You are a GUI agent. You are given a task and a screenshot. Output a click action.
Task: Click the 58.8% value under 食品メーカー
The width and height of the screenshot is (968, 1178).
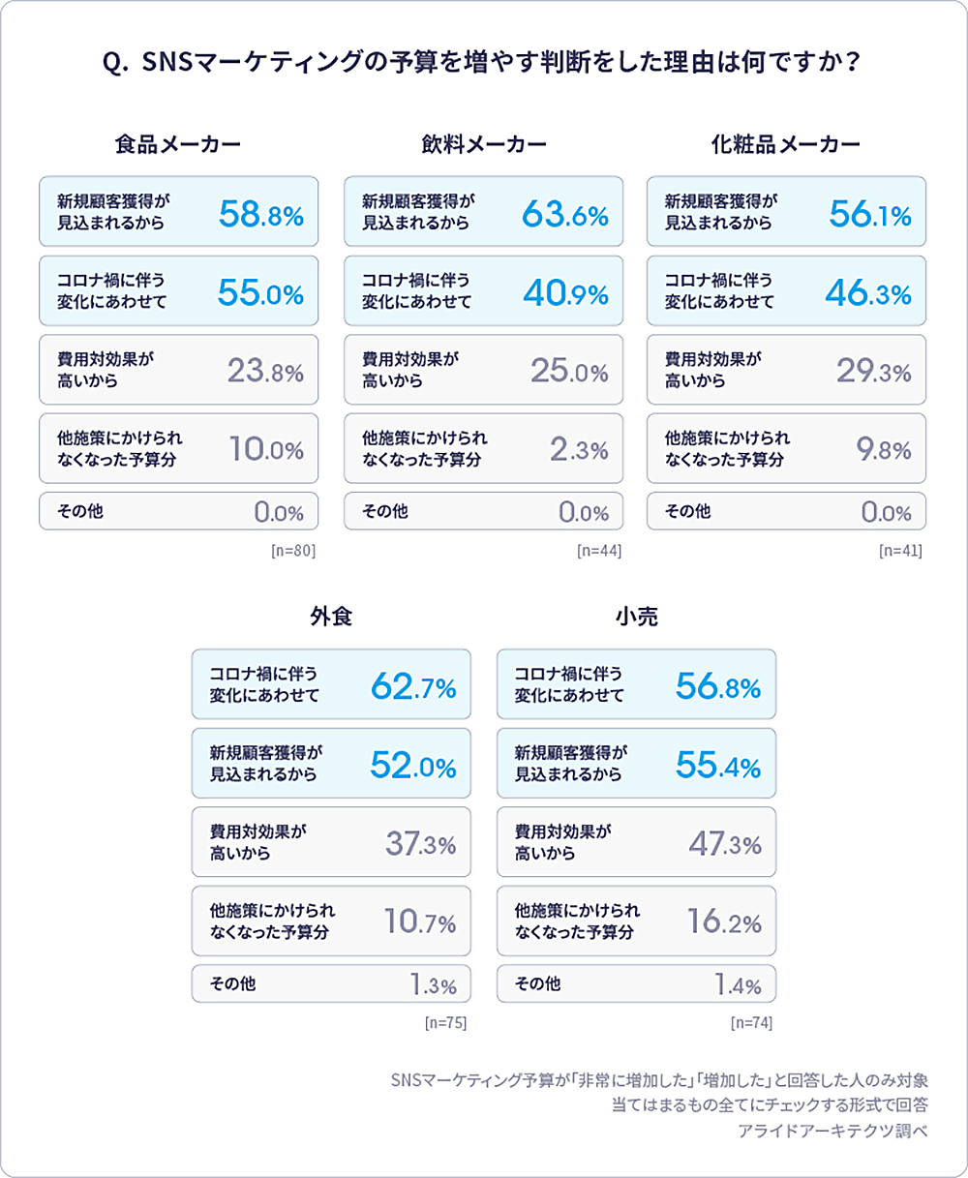(x=260, y=213)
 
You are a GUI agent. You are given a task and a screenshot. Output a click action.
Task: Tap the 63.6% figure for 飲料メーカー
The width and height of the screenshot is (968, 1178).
(x=564, y=213)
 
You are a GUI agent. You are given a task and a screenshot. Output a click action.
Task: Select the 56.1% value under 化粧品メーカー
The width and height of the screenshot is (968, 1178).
(x=869, y=213)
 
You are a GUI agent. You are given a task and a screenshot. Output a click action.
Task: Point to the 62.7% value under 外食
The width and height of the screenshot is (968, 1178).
(x=412, y=686)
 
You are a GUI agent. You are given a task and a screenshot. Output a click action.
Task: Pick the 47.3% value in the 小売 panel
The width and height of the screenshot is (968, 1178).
(x=724, y=843)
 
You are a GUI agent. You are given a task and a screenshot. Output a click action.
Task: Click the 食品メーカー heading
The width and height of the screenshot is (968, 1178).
(x=178, y=144)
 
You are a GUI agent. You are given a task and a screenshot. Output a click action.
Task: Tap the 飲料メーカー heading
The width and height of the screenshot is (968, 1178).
(x=484, y=144)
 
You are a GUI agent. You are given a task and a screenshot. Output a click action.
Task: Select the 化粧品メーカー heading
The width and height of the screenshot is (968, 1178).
(x=786, y=144)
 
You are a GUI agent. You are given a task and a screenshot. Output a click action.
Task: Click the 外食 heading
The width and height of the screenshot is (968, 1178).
(x=331, y=617)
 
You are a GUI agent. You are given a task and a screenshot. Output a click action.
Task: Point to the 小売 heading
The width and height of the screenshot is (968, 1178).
(x=636, y=617)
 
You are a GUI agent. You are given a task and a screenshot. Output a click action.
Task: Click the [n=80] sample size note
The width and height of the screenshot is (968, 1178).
(x=293, y=551)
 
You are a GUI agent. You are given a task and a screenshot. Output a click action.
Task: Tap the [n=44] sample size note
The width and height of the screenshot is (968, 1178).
(x=598, y=551)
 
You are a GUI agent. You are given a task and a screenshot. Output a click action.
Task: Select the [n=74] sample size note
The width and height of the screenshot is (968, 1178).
(x=751, y=1023)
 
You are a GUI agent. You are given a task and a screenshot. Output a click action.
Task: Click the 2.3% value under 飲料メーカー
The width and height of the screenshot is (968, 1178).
(x=579, y=449)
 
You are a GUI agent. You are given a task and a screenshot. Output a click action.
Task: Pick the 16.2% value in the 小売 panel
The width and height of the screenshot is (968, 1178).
(x=724, y=921)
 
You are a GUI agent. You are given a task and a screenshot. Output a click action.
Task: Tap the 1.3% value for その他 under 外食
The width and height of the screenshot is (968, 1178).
(x=433, y=985)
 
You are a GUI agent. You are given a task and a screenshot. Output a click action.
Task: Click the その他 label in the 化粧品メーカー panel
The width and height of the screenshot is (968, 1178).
(x=687, y=510)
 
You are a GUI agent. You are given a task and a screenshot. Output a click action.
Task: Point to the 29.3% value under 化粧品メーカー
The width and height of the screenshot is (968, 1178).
(x=873, y=371)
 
